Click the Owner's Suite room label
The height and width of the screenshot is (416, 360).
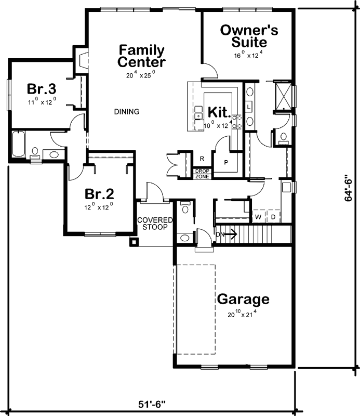click(249, 36)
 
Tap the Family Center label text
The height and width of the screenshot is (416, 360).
click(141, 56)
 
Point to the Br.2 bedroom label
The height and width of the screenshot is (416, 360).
click(99, 194)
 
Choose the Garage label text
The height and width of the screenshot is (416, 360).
click(243, 300)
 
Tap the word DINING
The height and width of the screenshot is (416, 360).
click(127, 111)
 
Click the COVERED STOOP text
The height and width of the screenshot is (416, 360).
click(155, 224)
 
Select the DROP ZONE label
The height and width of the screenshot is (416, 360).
click(202, 173)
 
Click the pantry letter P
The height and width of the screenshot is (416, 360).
click(227, 162)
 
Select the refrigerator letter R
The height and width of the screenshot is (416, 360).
click(202, 159)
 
